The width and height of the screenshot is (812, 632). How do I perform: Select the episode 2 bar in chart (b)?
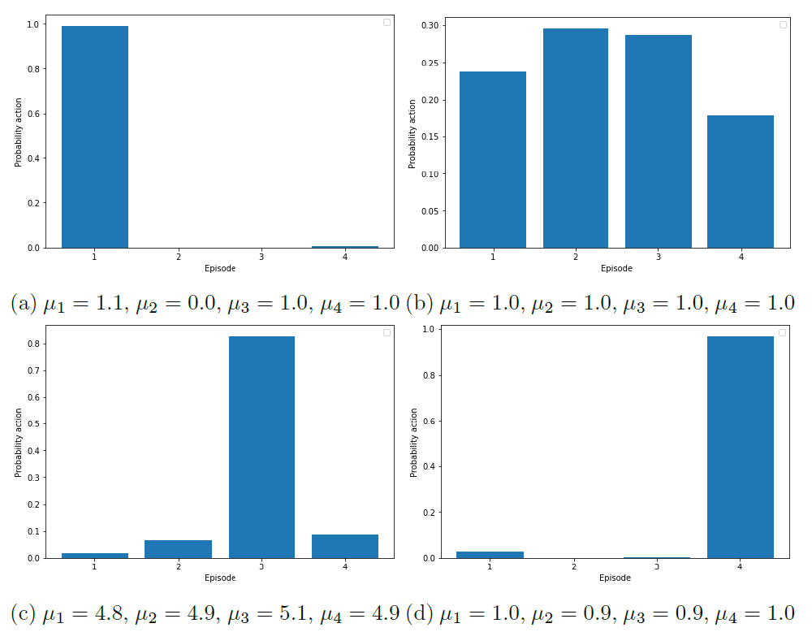576,138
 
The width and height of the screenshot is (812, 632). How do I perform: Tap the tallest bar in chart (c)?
261,447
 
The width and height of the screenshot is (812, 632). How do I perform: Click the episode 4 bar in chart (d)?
741,447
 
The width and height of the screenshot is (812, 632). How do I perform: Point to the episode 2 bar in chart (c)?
178,549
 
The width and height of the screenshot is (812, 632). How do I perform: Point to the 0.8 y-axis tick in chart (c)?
35,344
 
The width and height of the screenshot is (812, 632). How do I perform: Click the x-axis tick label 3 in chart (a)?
261,258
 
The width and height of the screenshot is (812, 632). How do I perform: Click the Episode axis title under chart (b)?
616,268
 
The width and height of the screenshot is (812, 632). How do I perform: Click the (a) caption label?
23,304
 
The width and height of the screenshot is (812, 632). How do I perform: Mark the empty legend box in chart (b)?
783,24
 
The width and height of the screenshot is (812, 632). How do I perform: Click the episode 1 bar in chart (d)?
489,555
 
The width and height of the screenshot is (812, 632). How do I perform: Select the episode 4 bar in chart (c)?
345,546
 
